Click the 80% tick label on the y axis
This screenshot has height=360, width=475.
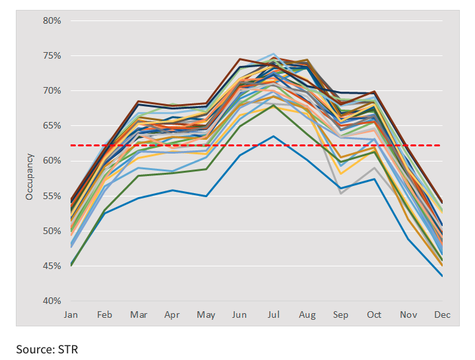point(52,20)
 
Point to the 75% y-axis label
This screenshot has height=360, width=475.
point(52,55)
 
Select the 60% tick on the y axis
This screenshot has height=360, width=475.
point(52,161)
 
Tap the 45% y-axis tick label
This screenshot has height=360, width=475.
point(52,266)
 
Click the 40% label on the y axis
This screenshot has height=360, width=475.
point(52,301)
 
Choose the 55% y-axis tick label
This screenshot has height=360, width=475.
point(52,196)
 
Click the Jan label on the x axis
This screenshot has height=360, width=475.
point(71,315)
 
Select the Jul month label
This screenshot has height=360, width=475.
point(273,315)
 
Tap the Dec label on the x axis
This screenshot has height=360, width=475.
point(442,315)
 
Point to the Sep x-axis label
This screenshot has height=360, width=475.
point(340,315)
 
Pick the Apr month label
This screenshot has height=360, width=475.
point(172,315)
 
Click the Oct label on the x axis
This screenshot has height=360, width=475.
point(374,315)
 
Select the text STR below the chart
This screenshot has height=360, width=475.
point(69,349)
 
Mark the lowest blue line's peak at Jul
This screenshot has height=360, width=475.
point(273,136)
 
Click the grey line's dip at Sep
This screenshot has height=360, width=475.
point(340,193)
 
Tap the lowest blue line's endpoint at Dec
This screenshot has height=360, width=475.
point(442,276)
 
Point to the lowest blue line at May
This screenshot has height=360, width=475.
point(206,196)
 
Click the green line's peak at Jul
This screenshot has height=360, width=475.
point(273,105)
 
